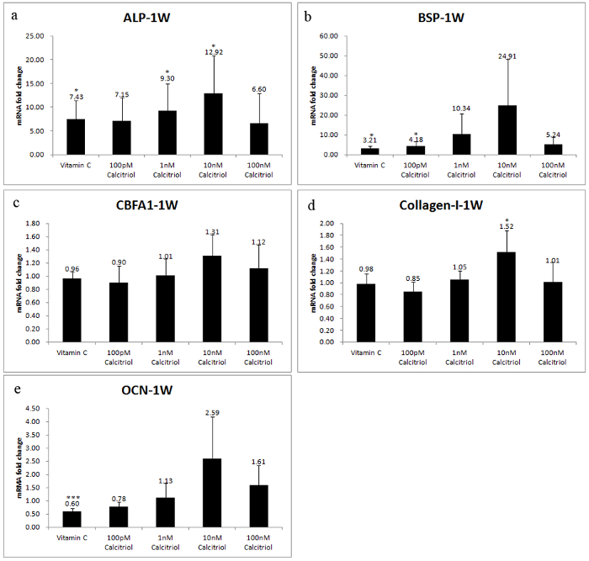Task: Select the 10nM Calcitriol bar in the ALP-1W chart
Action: [x=214, y=124]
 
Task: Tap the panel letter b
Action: [x=308, y=15]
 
